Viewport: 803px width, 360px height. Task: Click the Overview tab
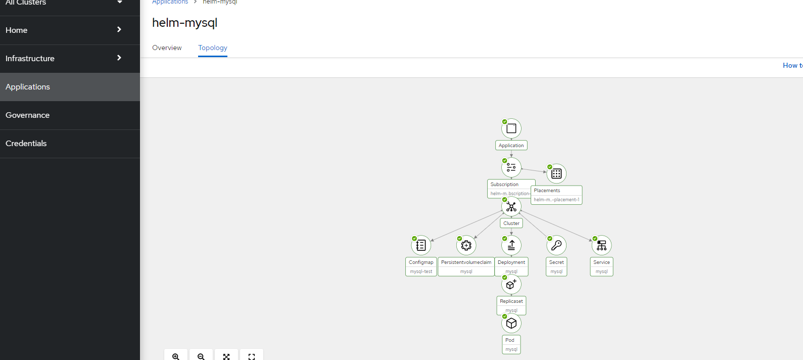pos(167,48)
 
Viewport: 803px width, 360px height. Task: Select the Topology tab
pos(213,48)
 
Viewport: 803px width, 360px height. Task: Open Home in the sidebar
pos(17,30)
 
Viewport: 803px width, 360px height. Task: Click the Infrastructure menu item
pos(30,59)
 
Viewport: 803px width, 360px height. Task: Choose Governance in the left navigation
pos(28,115)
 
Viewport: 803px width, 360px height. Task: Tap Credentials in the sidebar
pos(26,144)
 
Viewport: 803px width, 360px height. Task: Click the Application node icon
pos(511,128)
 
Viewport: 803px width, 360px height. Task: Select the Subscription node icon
pos(511,167)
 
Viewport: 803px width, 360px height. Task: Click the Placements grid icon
pos(556,173)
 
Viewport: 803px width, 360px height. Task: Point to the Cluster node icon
pos(511,206)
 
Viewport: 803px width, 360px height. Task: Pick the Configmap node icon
pos(421,245)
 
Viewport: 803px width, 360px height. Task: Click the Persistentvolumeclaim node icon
pos(466,245)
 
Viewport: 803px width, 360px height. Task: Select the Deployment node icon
pos(511,245)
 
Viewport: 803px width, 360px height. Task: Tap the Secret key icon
pos(556,245)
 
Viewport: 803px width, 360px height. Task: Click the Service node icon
pos(601,245)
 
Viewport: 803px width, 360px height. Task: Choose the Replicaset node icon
pos(511,284)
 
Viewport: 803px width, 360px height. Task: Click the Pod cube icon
pos(511,323)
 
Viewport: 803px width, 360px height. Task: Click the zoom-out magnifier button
pos(201,356)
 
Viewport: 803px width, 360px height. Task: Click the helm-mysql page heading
pos(185,23)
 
